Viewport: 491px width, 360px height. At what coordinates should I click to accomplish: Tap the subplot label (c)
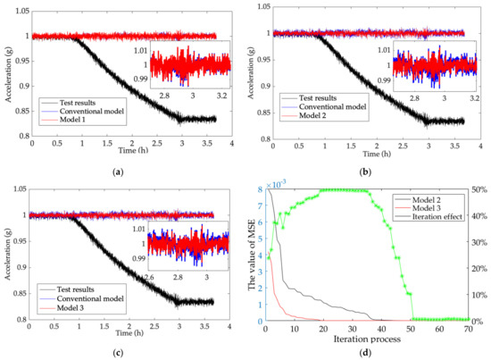pyautogui.click(x=119, y=352)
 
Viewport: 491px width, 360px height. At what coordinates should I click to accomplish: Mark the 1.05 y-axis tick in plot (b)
pyautogui.click(x=267, y=9)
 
